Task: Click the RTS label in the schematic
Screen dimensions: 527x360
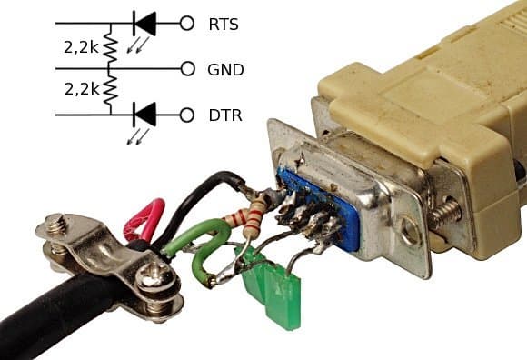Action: click(x=224, y=25)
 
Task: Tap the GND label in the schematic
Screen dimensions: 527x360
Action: click(x=225, y=70)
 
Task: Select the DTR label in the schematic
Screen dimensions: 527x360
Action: click(x=225, y=115)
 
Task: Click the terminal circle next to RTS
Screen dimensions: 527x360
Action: click(x=187, y=24)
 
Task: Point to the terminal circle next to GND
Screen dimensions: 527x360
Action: click(x=187, y=69)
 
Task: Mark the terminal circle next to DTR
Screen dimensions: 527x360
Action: click(x=187, y=115)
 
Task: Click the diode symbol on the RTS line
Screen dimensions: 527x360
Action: click(x=144, y=24)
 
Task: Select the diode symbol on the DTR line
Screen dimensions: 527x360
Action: click(x=144, y=115)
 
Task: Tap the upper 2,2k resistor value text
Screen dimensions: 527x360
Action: click(x=81, y=47)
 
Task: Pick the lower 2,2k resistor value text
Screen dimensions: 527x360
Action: click(x=82, y=89)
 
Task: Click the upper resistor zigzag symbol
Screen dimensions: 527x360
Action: click(x=111, y=46)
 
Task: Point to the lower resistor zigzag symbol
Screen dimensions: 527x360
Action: click(x=111, y=92)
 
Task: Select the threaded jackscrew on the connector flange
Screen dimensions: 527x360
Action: click(x=443, y=215)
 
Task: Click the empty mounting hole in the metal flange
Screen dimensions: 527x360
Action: click(x=412, y=232)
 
